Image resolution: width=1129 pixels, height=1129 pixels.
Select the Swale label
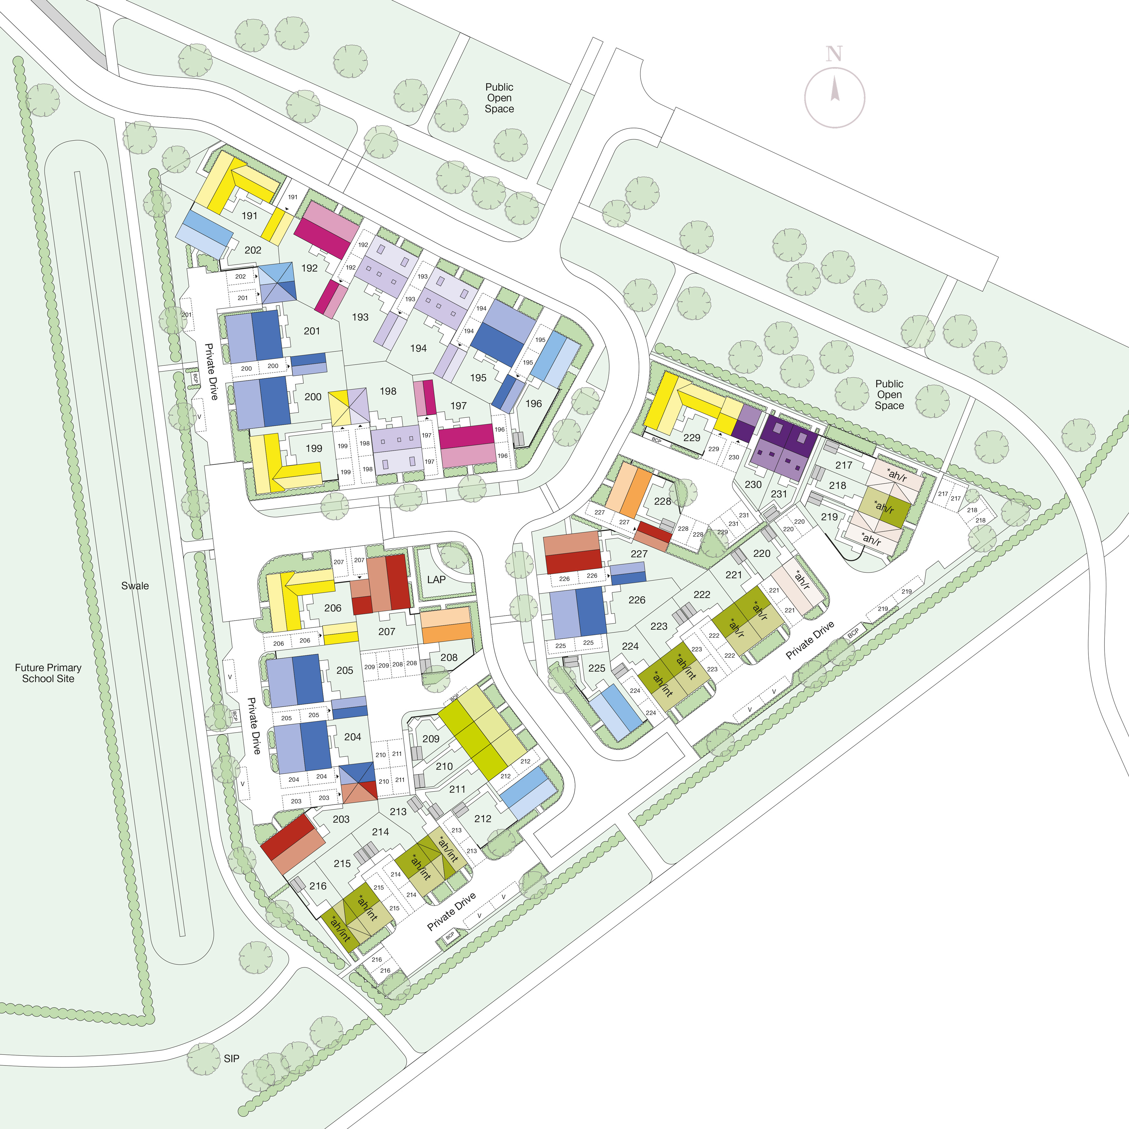click(x=135, y=585)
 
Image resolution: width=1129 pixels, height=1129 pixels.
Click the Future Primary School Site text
click(x=48, y=673)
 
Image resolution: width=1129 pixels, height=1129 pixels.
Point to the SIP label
click(x=231, y=1058)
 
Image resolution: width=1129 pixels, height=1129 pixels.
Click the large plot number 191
click(x=250, y=215)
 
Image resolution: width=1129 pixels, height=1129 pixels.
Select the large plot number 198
click(x=388, y=391)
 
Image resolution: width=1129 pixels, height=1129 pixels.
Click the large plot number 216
click(x=318, y=886)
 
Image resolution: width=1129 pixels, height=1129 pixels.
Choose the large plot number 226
click(x=637, y=600)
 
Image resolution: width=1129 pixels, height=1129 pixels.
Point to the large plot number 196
click(x=534, y=403)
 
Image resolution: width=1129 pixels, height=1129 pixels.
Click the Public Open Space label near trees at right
click(x=889, y=395)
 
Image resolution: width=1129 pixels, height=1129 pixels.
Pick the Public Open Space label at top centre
click(x=499, y=98)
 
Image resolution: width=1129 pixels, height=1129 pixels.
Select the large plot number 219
click(x=829, y=516)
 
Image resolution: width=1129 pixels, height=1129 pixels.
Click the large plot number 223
click(x=659, y=626)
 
